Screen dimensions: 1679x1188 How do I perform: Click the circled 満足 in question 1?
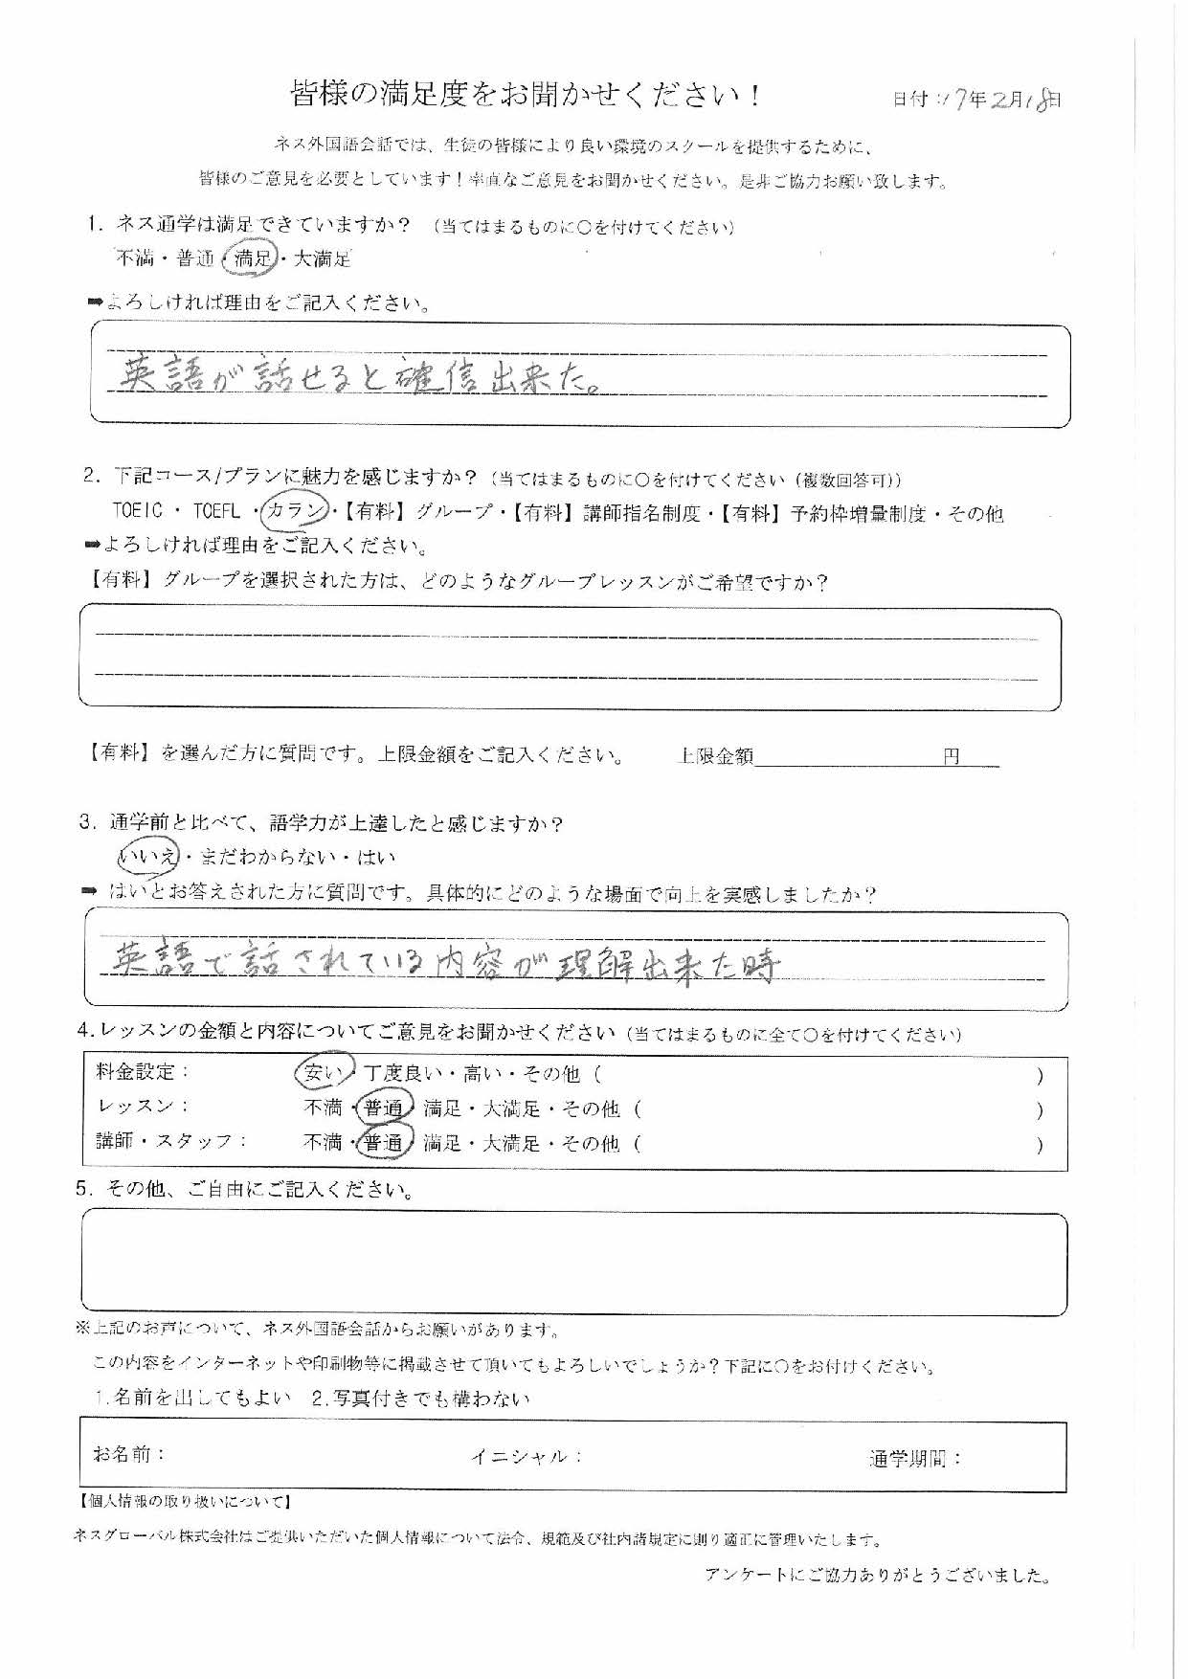tap(253, 257)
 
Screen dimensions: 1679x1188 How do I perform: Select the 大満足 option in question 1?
tap(322, 257)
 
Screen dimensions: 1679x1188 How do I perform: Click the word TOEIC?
tap(138, 511)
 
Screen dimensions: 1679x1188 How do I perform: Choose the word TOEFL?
tap(216, 511)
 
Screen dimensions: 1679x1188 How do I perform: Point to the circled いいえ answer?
tap(148, 857)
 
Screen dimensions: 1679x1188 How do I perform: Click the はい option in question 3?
tap(376, 857)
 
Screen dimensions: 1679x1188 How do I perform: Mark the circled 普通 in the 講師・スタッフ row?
tap(383, 1142)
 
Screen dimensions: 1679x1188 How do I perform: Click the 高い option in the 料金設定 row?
tap(481, 1073)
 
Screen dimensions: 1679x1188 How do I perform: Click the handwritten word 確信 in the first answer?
tap(421, 377)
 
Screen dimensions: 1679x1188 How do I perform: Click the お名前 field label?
tap(129, 1454)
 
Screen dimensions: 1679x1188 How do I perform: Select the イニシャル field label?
tap(525, 1456)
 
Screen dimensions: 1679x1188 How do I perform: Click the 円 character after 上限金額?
tap(951, 756)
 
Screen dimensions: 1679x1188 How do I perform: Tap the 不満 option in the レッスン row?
tap(323, 1108)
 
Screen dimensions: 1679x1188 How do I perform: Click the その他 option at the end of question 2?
tap(975, 513)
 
